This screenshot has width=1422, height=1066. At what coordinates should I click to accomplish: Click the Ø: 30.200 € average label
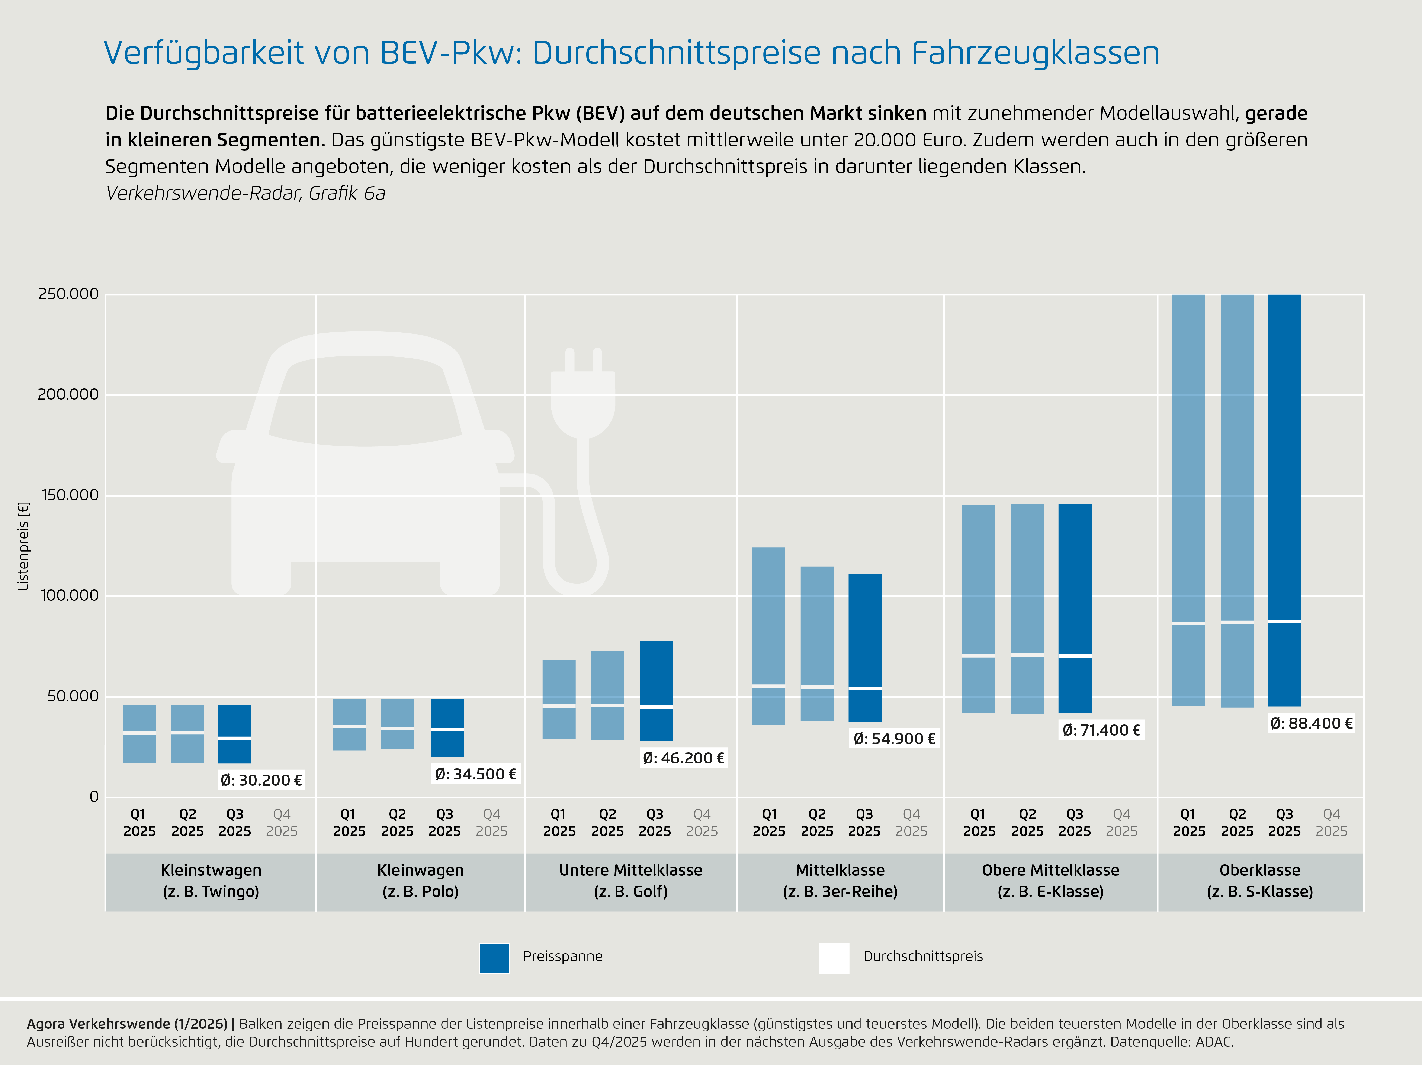click(261, 780)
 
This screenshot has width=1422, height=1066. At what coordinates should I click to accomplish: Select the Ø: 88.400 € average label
click(1312, 724)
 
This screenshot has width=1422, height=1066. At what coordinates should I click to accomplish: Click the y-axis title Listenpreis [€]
click(24, 546)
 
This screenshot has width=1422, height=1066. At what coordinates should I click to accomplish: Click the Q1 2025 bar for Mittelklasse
click(769, 636)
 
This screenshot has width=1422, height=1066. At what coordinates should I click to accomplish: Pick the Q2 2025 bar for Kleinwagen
click(397, 724)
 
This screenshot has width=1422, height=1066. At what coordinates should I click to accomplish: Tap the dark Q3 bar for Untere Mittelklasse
click(656, 691)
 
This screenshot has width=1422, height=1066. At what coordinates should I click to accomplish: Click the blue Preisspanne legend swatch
click(494, 958)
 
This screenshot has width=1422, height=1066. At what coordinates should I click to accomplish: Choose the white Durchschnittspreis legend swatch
click(834, 958)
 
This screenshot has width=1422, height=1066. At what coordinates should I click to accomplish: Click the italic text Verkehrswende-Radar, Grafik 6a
click(245, 193)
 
